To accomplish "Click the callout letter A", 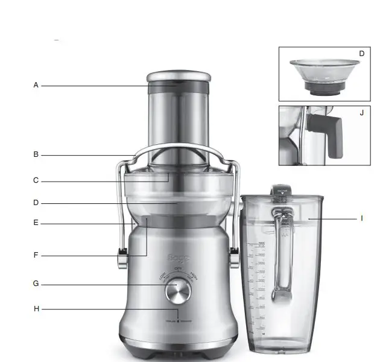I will point(36,86).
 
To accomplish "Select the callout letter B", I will point(36,154).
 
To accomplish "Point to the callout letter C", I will point(36,180).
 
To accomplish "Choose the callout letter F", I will point(36,255).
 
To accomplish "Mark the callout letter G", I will point(36,284).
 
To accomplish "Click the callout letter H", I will point(36,309).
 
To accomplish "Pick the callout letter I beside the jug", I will point(361,218).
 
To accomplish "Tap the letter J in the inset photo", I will point(361,113).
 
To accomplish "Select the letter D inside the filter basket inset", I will point(361,54).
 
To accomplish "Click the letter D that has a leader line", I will point(36,203).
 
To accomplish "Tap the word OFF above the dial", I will point(177,269).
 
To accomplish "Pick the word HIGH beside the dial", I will point(194,276).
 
